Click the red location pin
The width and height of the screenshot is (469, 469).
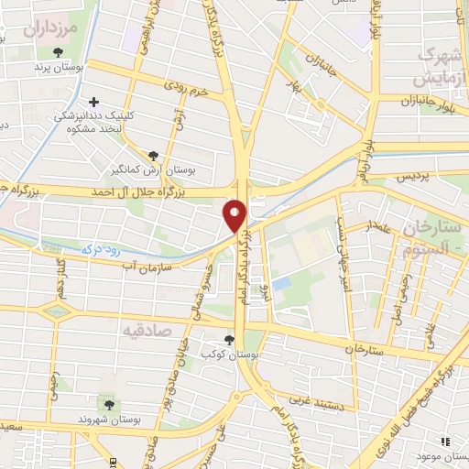[235, 214]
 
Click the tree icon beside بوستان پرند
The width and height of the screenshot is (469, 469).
[59, 52]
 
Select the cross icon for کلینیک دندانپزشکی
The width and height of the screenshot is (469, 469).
[93, 102]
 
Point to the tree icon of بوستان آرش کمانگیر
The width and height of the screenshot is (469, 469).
[153, 155]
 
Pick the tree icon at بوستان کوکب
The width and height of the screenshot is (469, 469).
[229, 338]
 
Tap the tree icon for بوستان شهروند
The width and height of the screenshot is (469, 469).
[109, 404]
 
